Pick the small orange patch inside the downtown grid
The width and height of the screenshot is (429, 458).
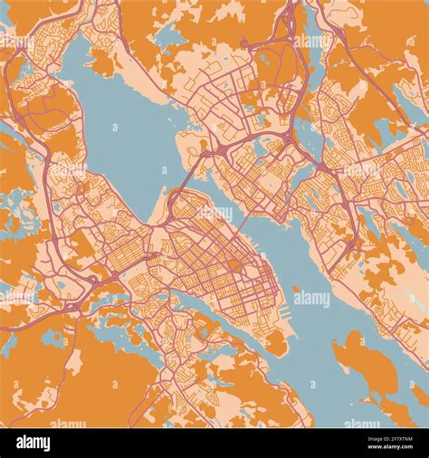(234, 265)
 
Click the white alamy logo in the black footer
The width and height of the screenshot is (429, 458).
(33, 443)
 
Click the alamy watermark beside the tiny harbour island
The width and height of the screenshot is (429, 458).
(312, 298)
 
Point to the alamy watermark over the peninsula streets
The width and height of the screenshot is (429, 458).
(214, 214)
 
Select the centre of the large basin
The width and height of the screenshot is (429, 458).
(127, 136)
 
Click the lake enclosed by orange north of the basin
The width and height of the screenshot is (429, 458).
(168, 37)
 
